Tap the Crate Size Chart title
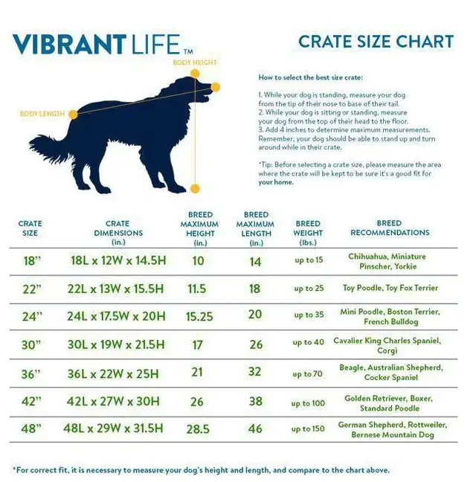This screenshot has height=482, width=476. click(x=376, y=42)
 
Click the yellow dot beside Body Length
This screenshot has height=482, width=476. click(x=73, y=115)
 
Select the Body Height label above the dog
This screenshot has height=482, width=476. click(x=195, y=62)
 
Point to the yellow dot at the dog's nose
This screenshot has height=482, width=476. click(x=216, y=87)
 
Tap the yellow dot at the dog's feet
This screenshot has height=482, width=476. click(x=195, y=188)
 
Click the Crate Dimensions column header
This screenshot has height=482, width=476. click(x=118, y=233)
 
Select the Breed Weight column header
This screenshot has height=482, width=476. click(x=308, y=233)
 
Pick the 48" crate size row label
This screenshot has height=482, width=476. click(x=31, y=428)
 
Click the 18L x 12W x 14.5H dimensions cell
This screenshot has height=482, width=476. click(x=118, y=260)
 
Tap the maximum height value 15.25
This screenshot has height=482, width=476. click(x=199, y=317)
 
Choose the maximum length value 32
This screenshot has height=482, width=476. click(x=255, y=372)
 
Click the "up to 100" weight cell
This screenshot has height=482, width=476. click(x=308, y=403)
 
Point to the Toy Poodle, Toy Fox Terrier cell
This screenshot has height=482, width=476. click(x=390, y=288)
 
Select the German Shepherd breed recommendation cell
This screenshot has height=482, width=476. click(x=393, y=429)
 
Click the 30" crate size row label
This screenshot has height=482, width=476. click(x=30, y=345)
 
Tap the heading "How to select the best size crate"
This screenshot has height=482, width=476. click(x=310, y=77)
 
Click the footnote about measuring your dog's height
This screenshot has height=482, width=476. click(x=202, y=470)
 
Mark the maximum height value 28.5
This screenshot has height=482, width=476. click(x=198, y=429)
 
